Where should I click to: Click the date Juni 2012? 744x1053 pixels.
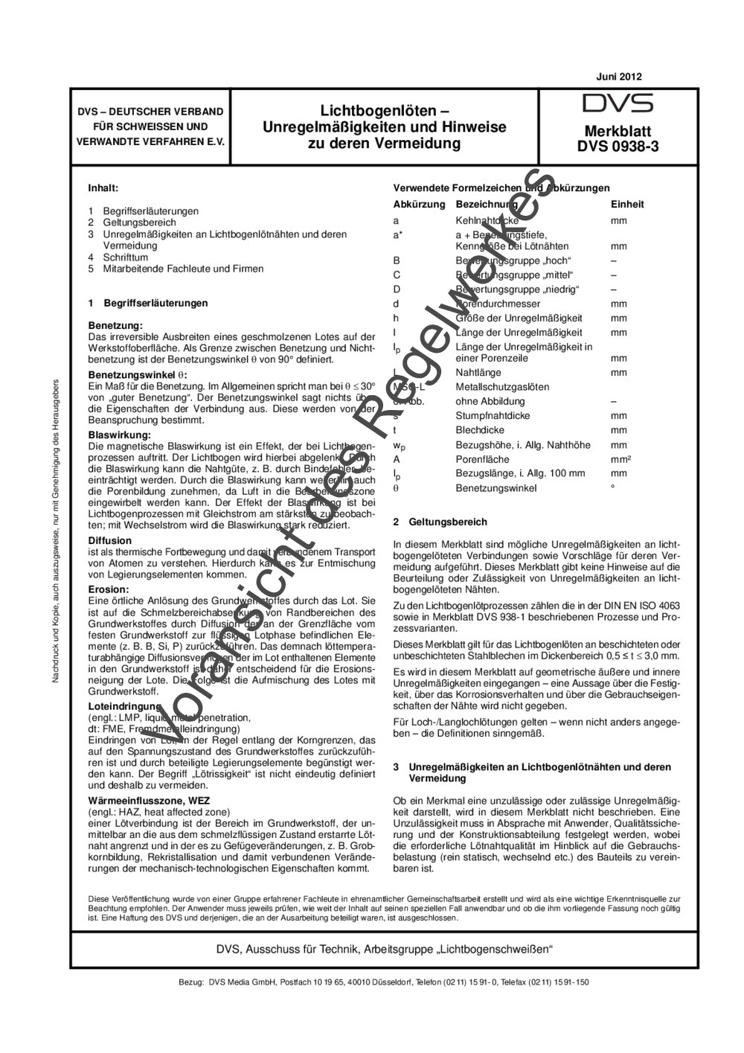pyautogui.click(x=619, y=76)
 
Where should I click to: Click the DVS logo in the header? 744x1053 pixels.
pyautogui.click(x=618, y=103)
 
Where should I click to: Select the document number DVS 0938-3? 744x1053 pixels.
pyautogui.click(x=618, y=147)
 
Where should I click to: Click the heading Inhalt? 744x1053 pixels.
pyautogui.click(x=103, y=188)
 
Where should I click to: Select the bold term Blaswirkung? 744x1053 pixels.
pyautogui.click(x=119, y=434)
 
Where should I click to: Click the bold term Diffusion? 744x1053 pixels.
pyautogui.click(x=109, y=540)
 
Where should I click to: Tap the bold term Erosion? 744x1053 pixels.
pyautogui.click(x=109, y=589)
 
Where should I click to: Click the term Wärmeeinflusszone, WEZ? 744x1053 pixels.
pyautogui.click(x=148, y=800)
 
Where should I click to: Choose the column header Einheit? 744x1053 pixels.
pyautogui.click(x=627, y=204)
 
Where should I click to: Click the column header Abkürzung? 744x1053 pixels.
pyautogui.click(x=419, y=204)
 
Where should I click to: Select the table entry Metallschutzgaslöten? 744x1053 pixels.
pyautogui.click(x=502, y=387)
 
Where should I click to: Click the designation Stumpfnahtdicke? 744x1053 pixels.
pyautogui.click(x=493, y=416)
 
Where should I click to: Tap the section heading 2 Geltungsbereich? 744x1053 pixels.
pyautogui.click(x=440, y=522)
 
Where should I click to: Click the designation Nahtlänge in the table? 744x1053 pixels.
pyautogui.click(x=478, y=372)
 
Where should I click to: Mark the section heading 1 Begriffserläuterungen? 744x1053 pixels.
pyautogui.click(x=148, y=303)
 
